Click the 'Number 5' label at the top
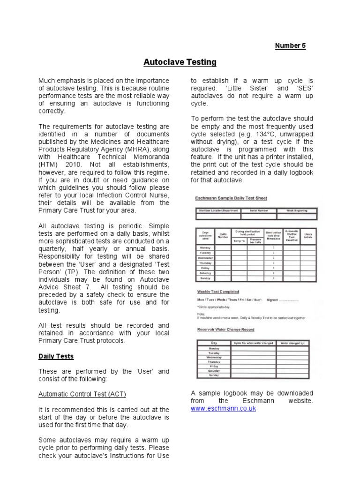coord(290,45)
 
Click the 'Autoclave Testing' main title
coord(180,62)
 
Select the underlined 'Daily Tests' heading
coord(56,356)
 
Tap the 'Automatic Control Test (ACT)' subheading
coord(82,394)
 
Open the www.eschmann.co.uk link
coord(223,409)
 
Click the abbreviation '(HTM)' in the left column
coord(49,165)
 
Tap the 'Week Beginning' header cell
coord(296,210)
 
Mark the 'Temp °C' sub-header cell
coord(239,240)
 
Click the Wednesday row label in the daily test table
coord(205,258)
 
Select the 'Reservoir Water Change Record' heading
coord(225,329)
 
